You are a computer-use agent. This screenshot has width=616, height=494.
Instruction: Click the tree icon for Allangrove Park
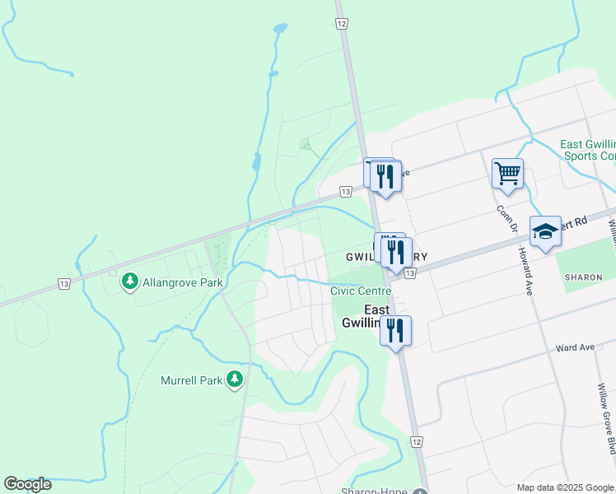tap(129, 282)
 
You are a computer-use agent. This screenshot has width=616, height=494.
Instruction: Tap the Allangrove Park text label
tap(183, 282)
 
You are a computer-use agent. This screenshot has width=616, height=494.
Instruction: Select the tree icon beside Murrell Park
tap(236, 379)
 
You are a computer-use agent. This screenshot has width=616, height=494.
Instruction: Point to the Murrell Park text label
tap(192, 380)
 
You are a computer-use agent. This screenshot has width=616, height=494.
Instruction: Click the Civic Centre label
tap(361, 291)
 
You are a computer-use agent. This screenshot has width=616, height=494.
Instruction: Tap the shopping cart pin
tap(508, 174)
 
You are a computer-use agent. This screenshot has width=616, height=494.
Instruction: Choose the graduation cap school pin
tap(545, 231)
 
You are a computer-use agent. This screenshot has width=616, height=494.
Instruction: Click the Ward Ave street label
tap(575, 347)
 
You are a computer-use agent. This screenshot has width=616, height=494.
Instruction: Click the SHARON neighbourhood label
tap(584, 278)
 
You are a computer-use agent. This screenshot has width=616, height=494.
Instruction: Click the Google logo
tap(27, 484)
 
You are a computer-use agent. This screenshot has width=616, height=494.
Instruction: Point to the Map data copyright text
tap(566, 487)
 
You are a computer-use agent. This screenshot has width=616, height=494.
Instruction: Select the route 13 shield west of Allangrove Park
tap(63, 283)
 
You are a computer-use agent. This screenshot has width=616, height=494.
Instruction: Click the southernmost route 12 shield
tap(417, 442)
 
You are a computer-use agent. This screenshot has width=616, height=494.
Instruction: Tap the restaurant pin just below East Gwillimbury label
tap(396, 330)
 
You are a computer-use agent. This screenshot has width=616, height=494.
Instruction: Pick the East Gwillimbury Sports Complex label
tap(588, 150)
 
